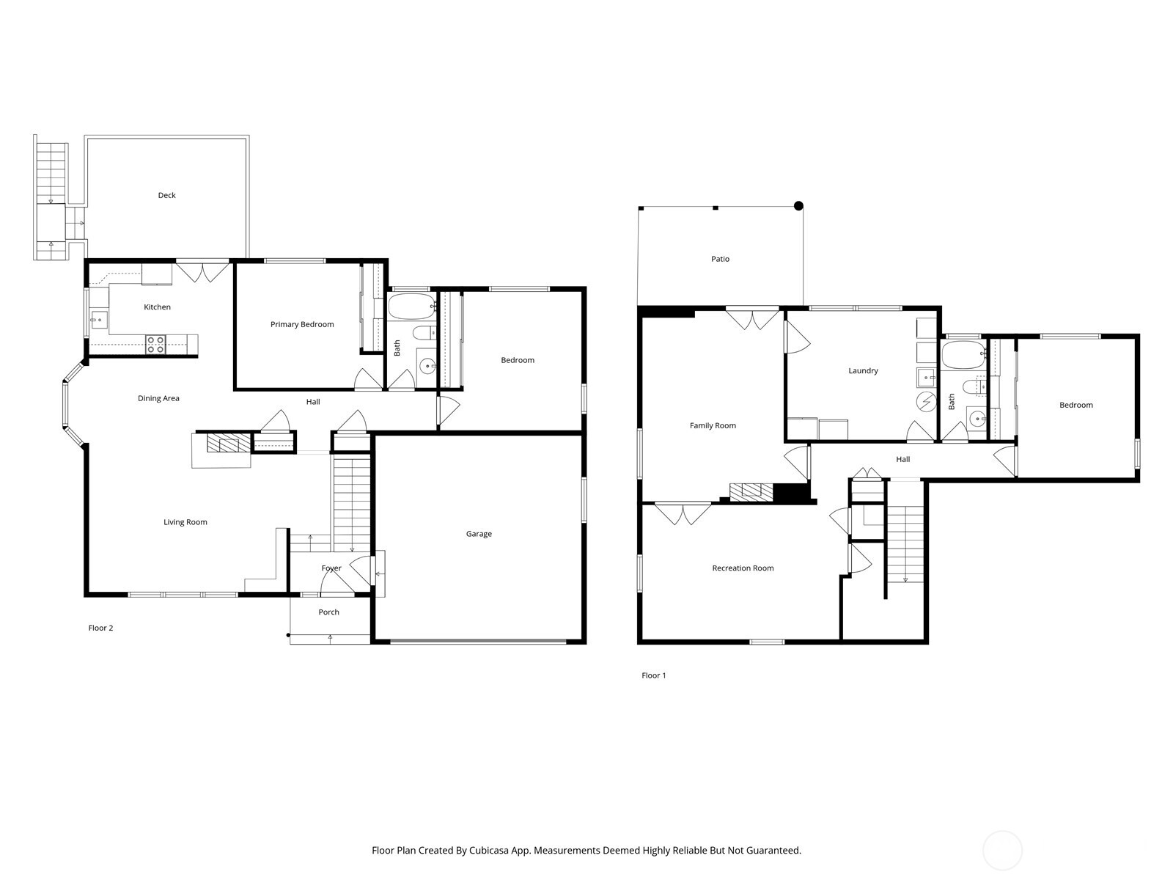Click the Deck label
pos(166,195)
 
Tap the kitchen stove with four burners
pos(155,344)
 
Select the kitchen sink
pos(98,320)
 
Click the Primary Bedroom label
pos(302,324)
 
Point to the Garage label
pos(479,534)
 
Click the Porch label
pos(328,612)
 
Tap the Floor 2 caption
pos(100,628)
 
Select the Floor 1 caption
pos(653,675)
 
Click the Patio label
pos(720,259)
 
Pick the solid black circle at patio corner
pos(799,206)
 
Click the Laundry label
pos(863,370)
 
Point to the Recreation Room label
pos(743,568)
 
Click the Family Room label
pos(713,425)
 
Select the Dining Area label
pos(158,398)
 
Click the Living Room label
pos(185,522)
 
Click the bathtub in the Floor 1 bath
pos(963,355)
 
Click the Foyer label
pos(331,568)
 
